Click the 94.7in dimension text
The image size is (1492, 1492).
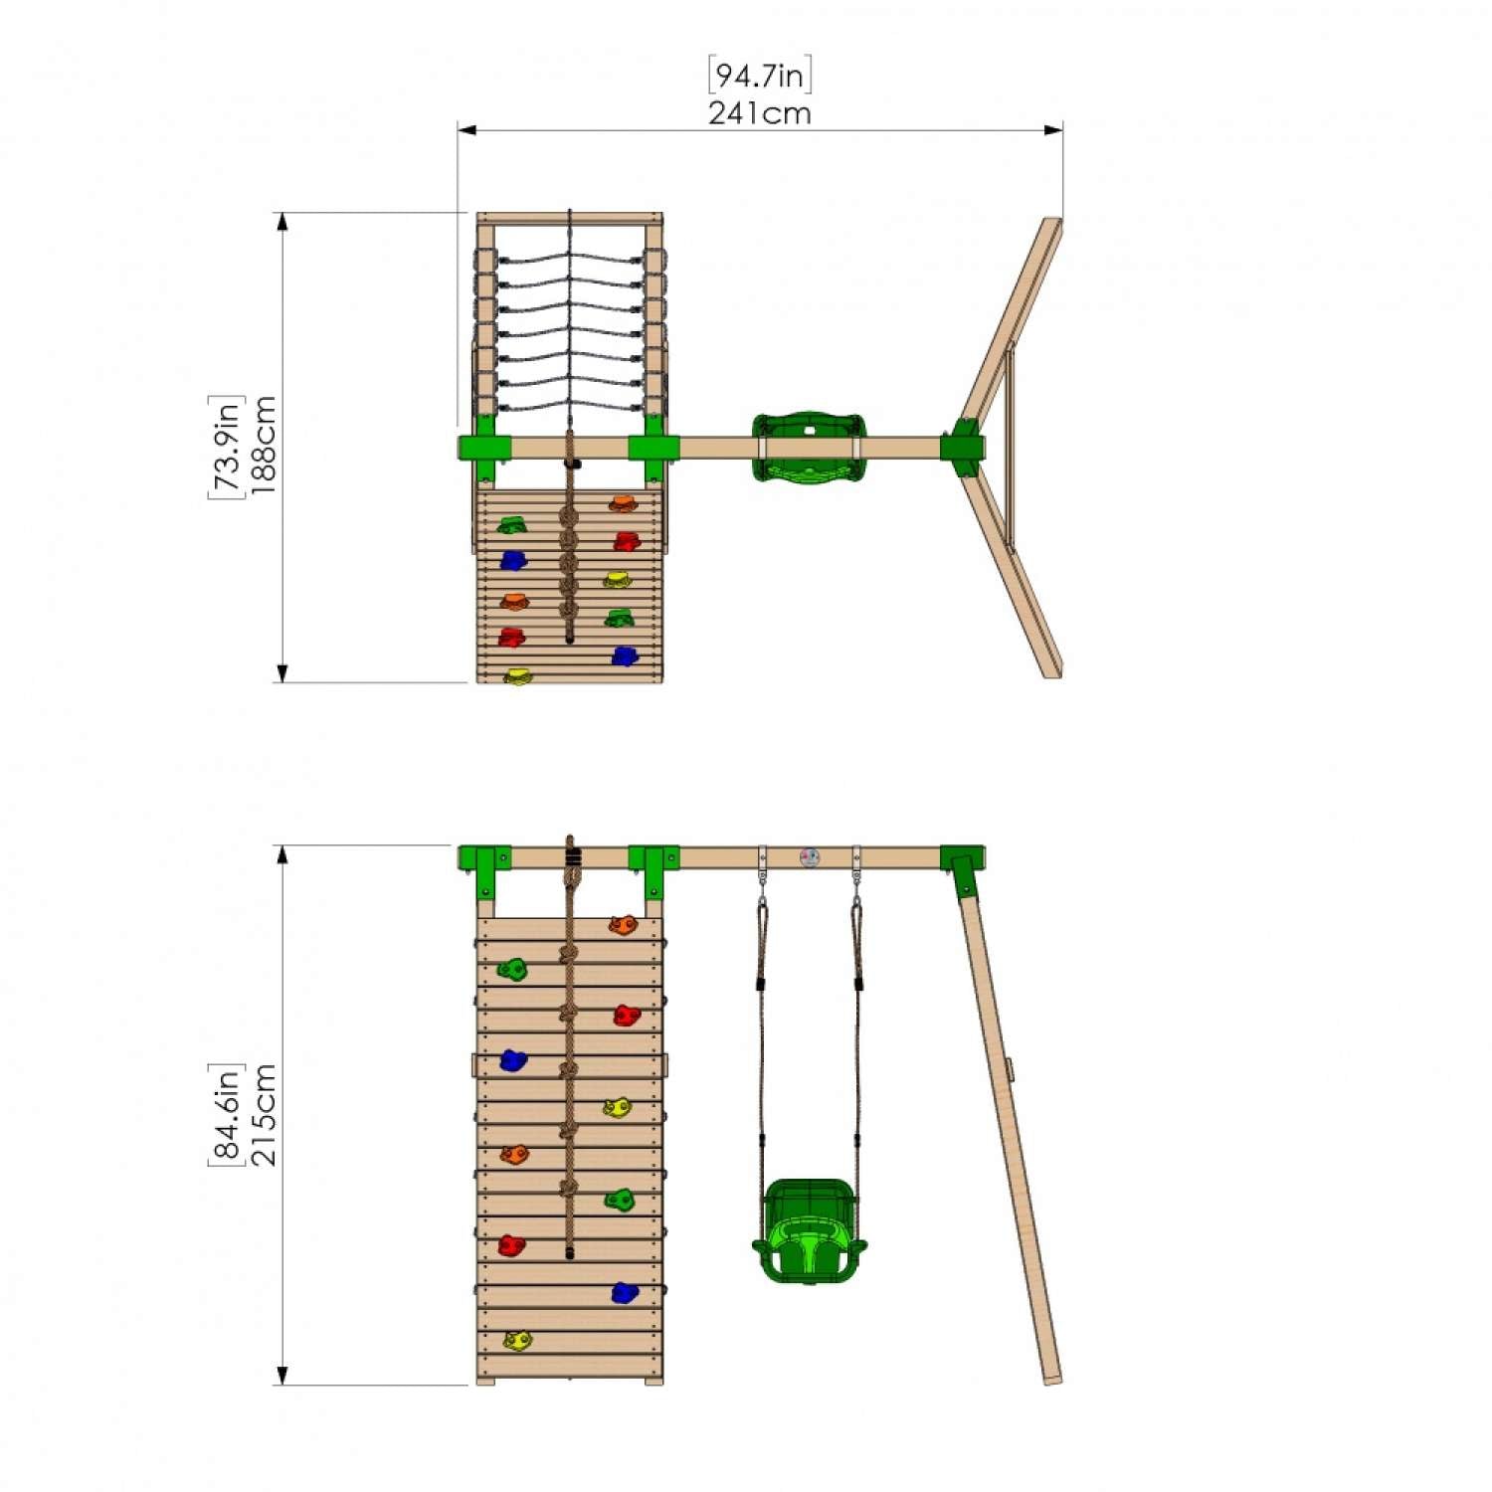click(760, 76)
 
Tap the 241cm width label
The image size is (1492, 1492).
click(760, 113)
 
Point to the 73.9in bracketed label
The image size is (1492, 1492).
click(226, 447)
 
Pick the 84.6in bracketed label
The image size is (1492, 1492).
click(226, 1114)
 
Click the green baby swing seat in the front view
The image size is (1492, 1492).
click(809, 1231)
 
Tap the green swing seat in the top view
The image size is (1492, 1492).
click(809, 448)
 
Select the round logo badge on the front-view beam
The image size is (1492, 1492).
click(810, 857)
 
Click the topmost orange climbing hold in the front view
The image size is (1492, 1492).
click(623, 925)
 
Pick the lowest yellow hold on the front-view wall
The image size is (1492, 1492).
click(517, 1341)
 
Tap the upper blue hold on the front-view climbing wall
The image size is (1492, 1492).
click(512, 1060)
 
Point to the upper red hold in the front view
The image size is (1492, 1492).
click(626, 1015)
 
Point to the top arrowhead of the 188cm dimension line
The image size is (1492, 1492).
click(282, 222)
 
